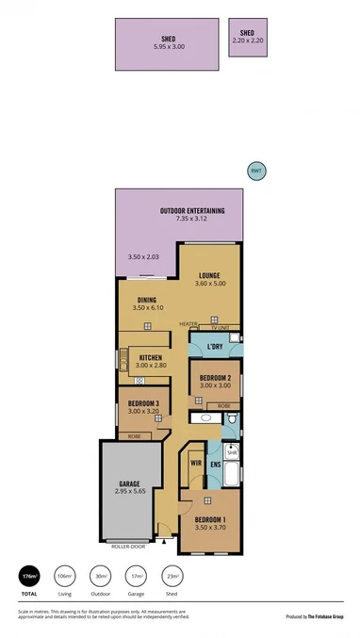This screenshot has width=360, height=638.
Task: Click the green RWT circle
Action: (254, 171)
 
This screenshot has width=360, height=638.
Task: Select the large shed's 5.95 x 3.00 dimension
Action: (170, 46)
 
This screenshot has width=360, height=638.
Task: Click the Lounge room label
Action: (209, 276)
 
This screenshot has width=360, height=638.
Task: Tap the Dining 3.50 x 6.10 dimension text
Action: (146, 308)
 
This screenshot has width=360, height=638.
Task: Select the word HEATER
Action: (188, 324)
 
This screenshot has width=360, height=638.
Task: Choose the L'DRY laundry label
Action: (214, 348)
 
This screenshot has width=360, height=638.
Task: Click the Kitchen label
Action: (153, 358)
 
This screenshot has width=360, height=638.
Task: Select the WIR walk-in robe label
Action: (196, 463)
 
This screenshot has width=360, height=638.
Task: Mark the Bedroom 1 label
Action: (210, 519)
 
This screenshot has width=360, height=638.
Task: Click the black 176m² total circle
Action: (29, 576)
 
